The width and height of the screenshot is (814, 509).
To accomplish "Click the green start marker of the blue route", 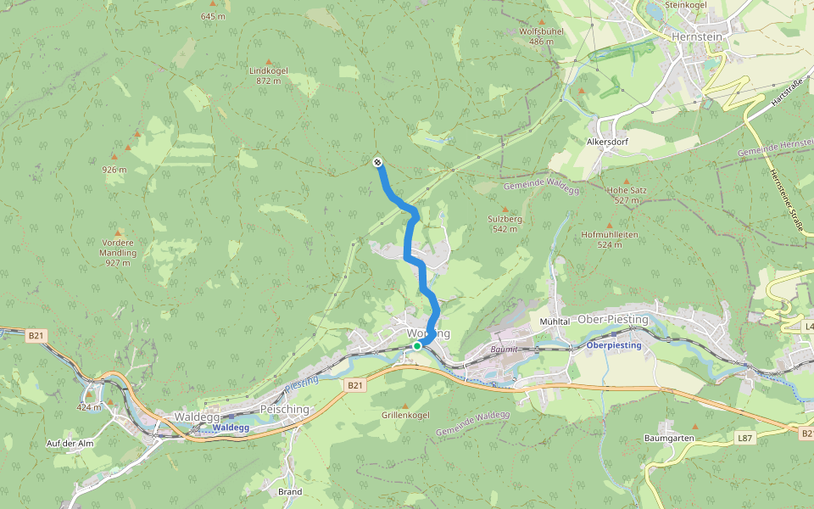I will (417, 346).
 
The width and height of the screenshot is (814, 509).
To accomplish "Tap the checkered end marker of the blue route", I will (377, 162).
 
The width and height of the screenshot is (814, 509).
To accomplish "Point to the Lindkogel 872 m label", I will (269, 76).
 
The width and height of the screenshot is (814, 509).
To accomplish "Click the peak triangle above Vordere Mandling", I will (119, 232).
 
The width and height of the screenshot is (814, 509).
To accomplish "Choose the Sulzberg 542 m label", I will (505, 223).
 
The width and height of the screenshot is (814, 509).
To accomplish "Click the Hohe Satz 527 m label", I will (627, 195).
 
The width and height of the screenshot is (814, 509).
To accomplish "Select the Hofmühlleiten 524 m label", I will (609, 238).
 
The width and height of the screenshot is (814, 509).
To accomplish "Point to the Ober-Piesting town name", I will (612, 319).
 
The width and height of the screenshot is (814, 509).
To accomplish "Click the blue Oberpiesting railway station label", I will (615, 345).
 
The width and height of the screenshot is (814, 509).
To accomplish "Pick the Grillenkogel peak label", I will (404, 416).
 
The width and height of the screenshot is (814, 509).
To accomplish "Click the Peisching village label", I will (284, 409).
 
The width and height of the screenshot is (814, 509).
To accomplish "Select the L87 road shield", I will (744, 438).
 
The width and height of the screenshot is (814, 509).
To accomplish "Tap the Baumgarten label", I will (670, 438).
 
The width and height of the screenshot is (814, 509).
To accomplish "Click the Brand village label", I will (290, 491).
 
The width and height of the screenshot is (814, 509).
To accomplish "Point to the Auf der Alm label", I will (70, 444).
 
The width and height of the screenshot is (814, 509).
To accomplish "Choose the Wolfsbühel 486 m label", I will (541, 36).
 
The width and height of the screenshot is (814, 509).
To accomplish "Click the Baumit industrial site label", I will (504, 349).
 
